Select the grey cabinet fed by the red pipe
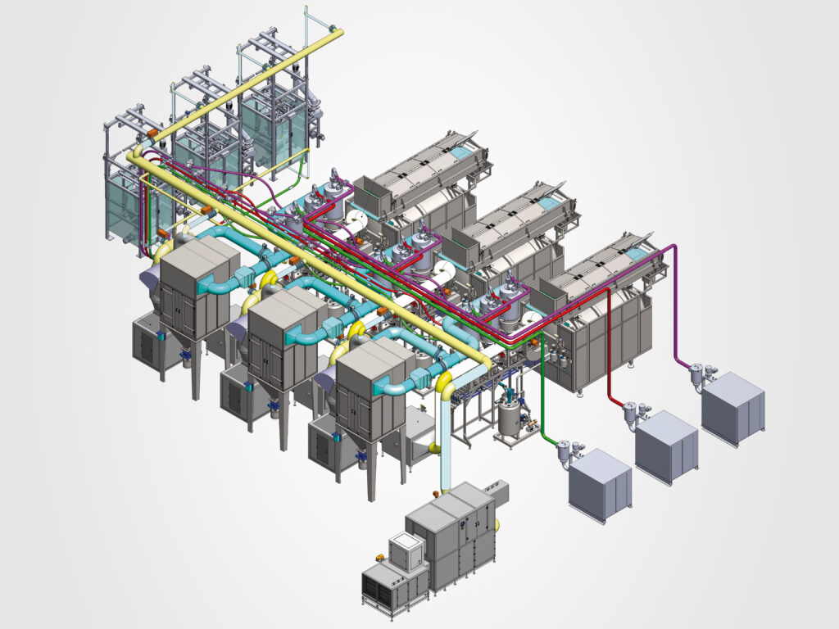click(667, 446)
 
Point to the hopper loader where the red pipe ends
click(631, 414)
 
